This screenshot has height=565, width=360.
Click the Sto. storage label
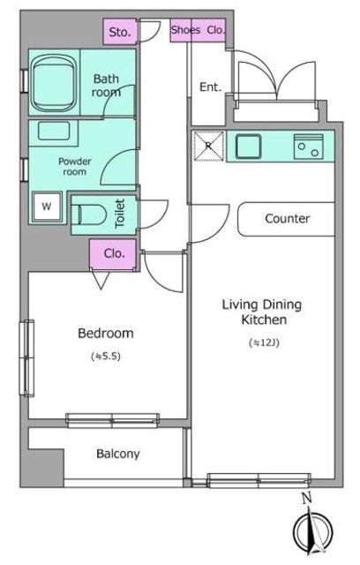(x=119, y=32)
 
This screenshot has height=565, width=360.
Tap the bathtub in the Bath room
(x=53, y=83)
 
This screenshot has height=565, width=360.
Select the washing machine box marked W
(x=47, y=207)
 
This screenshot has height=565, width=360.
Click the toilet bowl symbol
(x=89, y=215)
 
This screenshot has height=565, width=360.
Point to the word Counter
(x=287, y=218)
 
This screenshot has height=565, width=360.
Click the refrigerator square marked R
(x=208, y=146)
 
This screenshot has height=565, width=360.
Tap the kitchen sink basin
(x=249, y=146)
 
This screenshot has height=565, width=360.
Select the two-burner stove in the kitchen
(x=308, y=147)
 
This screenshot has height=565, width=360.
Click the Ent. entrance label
(x=210, y=87)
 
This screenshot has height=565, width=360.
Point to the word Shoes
(x=185, y=30)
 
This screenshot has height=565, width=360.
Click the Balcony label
(x=117, y=454)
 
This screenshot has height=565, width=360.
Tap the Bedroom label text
(x=106, y=333)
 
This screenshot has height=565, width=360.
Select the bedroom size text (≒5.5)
(x=106, y=357)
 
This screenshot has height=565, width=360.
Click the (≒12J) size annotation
(x=264, y=343)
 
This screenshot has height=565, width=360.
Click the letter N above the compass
(x=306, y=498)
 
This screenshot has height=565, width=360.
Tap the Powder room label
(x=74, y=167)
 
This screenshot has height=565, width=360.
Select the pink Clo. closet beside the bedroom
(x=113, y=255)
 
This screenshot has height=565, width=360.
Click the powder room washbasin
(x=54, y=131)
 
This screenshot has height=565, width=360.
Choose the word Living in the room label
(x=239, y=305)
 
